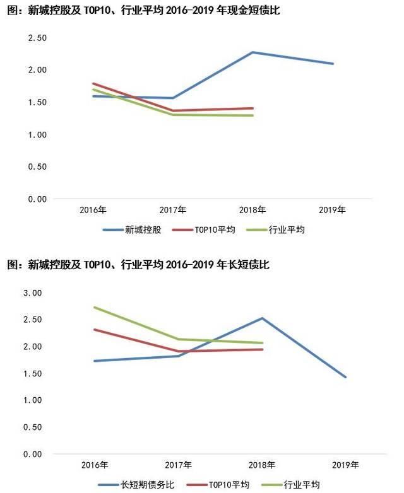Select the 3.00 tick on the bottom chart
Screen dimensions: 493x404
coord(32,293)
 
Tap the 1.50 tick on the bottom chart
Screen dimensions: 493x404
coord(32,374)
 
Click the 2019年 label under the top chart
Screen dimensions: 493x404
coord(333,209)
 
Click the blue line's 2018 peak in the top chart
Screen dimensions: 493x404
coord(252,52)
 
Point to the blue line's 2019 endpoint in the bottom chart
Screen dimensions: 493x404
coord(346,377)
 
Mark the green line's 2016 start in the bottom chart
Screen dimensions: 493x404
coord(93,307)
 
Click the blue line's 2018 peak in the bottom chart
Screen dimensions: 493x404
coord(261,318)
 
